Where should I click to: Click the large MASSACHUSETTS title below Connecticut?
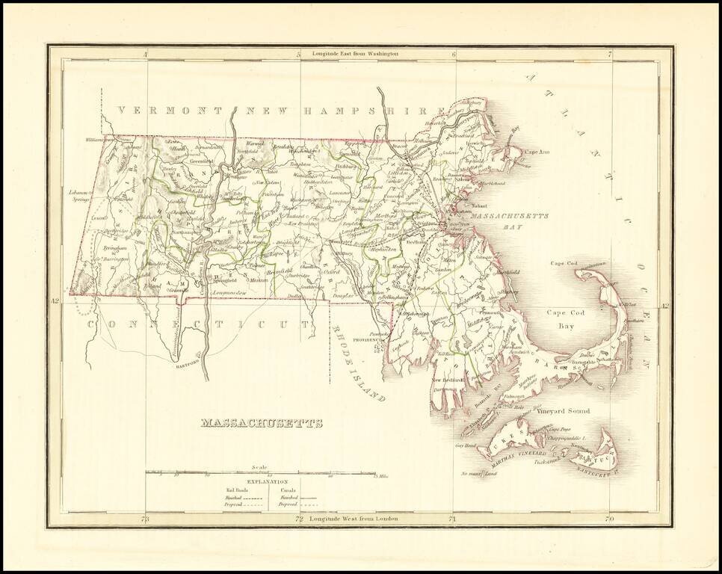262,423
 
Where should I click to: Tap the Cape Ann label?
537,152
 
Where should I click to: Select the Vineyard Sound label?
563,411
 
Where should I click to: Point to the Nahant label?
478,206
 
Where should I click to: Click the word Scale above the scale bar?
259,466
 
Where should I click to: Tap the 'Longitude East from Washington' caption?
356,54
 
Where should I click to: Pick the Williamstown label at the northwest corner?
100,140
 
